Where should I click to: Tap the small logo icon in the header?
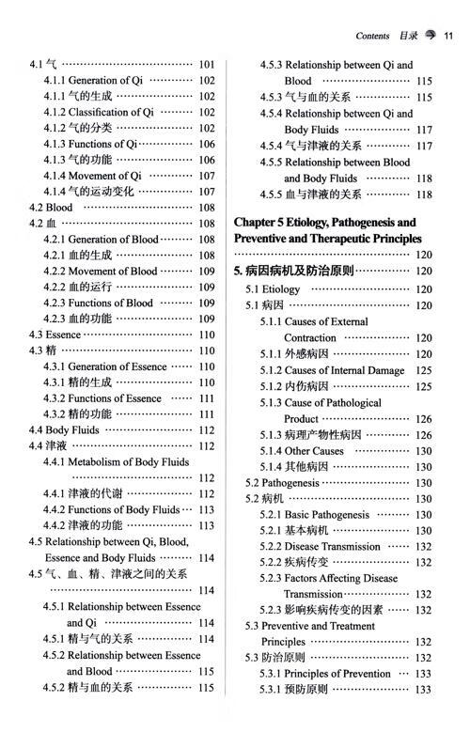click(x=431, y=37)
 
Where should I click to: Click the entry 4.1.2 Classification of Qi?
click(x=98, y=113)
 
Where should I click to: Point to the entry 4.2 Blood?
click(x=51, y=208)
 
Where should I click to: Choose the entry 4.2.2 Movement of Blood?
click(x=101, y=272)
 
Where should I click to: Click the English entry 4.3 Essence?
click(x=55, y=335)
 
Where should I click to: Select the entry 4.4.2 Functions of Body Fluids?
click(x=111, y=509)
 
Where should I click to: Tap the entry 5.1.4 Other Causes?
click(x=302, y=451)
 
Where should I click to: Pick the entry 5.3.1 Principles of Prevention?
click(x=325, y=674)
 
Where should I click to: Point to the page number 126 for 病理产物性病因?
click(x=422, y=435)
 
